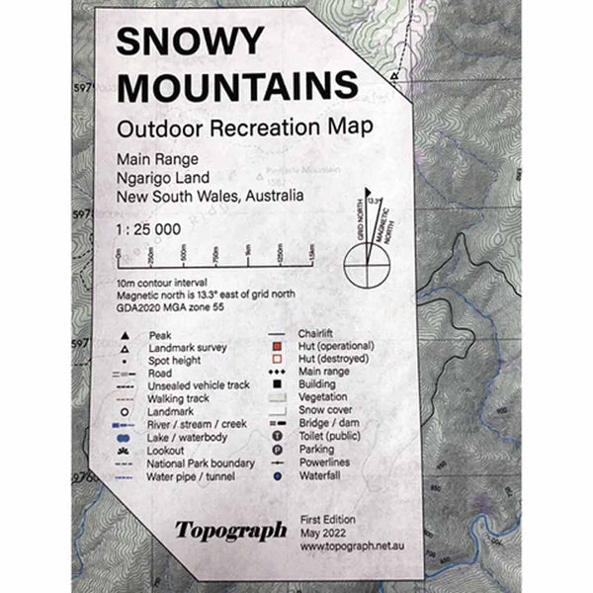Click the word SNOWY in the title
coord(190,42)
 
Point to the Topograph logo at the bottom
coord(230,530)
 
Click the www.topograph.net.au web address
coord(351,543)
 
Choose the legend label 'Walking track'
coord(177,398)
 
